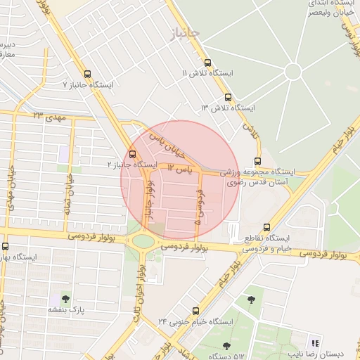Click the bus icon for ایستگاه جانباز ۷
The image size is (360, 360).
click(x=88, y=73)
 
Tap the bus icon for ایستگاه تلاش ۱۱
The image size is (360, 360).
click(x=207, y=62)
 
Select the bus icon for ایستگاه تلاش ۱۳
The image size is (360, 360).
click(x=227, y=97)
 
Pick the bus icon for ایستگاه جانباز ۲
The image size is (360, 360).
click(x=134, y=155)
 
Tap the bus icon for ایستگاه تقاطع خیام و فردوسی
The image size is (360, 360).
click(x=266, y=226)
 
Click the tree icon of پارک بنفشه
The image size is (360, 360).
click(x=65, y=300)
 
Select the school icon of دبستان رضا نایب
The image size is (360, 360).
click(x=315, y=344)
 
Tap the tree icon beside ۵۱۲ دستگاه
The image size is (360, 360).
click(x=226, y=345)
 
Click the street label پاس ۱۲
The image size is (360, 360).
click(x=179, y=169)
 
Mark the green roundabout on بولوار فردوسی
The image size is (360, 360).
click(x=143, y=242)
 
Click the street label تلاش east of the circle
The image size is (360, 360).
click(x=250, y=129)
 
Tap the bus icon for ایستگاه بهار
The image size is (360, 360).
click(x=6, y=246)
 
